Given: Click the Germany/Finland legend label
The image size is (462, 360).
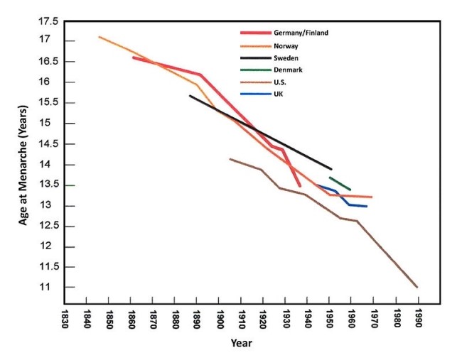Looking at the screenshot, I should (x=301, y=33).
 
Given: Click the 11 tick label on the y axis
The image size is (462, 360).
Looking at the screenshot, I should (x=50, y=288).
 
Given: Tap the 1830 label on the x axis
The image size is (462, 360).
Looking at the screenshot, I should (x=65, y=317).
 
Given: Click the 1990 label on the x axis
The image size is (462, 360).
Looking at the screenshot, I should (x=419, y=317).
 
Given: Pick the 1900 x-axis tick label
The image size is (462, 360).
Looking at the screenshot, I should (x=220, y=317).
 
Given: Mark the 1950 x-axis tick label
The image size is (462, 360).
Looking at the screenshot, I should (x=331, y=317).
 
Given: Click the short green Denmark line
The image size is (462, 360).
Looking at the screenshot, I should (x=340, y=183).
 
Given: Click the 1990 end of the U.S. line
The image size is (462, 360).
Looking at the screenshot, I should (x=417, y=287).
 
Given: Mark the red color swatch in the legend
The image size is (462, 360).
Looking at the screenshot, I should (x=255, y=33).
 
